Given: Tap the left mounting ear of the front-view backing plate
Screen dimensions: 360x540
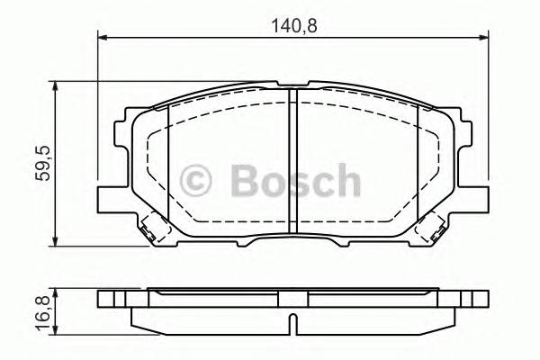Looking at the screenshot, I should (107, 193).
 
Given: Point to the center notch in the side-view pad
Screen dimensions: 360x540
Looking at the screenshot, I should (292, 320).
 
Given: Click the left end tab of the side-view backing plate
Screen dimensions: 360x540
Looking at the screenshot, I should (108, 300).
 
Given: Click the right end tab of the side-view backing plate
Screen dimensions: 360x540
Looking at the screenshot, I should (477, 300).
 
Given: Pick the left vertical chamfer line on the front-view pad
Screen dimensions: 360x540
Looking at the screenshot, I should (169, 162).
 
